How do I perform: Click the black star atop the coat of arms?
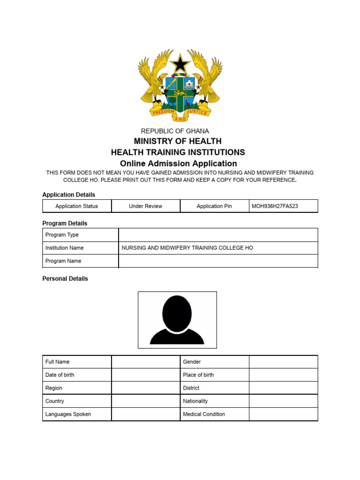(x=180, y=64)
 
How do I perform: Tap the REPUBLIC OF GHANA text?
(x=175, y=131)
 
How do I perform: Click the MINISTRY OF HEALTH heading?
(x=178, y=141)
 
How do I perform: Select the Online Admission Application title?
(x=178, y=164)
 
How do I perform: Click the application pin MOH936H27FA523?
(x=275, y=206)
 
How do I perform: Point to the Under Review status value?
(x=145, y=206)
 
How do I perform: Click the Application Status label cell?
(x=76, y=206)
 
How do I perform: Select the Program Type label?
(x=62, y=235)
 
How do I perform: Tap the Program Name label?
(x=63, y=261)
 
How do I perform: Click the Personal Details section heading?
(x=65, y=278)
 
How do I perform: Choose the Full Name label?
(x=57, y=362)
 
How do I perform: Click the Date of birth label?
(x=60, y=375)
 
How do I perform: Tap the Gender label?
(x=192, y=362)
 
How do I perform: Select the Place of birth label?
(x=198, y=375)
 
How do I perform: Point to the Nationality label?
(x=195, y=401)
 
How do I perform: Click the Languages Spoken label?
(x=68, y=414)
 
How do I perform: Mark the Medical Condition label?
(x=204, y=414)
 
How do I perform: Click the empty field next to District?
(x=283, y=388)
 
